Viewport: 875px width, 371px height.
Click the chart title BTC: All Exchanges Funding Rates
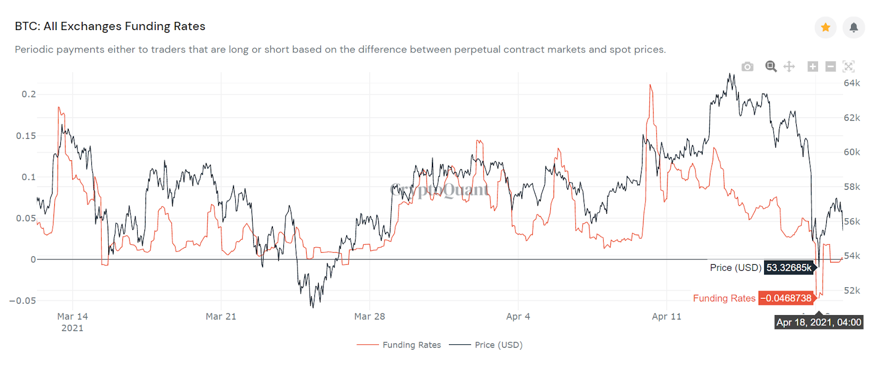pos(110,26)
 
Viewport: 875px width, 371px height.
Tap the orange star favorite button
pos(825,27)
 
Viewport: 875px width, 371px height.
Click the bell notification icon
pos(853,27)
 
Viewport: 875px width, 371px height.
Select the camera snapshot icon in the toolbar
pos(747,67)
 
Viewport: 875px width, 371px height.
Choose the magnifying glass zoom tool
pos(771,67)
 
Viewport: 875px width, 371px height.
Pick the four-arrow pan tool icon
pos(789,67)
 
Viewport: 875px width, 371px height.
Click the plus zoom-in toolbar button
pos(813,67)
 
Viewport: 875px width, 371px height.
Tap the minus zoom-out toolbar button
pos(830,67)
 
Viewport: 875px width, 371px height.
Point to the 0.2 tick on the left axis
pos(29,94)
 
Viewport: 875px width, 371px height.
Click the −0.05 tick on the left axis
pos(22,300)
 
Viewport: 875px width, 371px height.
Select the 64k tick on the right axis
pos(851,83)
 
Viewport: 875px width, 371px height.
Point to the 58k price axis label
pos(851,187)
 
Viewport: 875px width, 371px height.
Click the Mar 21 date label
pos(221,316)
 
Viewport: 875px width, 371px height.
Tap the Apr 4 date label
pos(518,316)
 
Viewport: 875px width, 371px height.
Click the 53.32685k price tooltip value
pos(789,268)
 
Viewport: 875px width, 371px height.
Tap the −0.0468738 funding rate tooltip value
pos(787,298)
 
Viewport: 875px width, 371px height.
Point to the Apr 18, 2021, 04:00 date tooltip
pos(819,322)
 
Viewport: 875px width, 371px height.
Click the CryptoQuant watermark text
pos(439,190)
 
